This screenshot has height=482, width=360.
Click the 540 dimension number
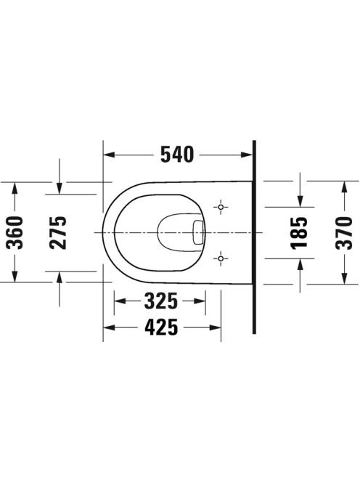[x=177, y=155]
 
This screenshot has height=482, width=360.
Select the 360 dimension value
[x=15, y=232]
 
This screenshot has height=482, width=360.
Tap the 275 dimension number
[x=58, y=232]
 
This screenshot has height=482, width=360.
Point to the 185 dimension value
[x=299, y=232]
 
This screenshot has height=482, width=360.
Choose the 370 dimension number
[x=344, y=232]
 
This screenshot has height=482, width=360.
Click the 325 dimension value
[x=161, y=301]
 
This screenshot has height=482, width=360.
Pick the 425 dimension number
[x=161, y=327]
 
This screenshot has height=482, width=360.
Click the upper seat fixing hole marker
[x=221, y=207]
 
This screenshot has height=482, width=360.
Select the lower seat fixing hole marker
[x=221, y=258]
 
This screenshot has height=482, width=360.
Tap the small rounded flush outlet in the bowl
[x=198, y=232]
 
